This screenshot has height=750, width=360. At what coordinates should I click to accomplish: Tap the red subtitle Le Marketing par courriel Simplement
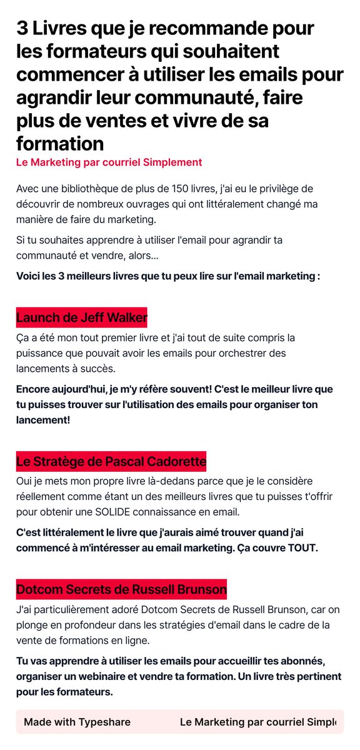109,162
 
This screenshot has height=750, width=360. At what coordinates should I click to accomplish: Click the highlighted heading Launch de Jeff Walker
81,317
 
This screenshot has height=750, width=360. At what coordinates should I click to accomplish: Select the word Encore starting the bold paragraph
34,389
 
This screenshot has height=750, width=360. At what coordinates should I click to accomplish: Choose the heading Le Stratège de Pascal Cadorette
111,462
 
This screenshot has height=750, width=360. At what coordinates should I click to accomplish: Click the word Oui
25,481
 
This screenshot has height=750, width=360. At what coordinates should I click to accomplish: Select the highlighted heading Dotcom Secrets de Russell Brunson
121,589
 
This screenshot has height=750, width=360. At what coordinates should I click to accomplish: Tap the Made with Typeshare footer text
77,722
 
